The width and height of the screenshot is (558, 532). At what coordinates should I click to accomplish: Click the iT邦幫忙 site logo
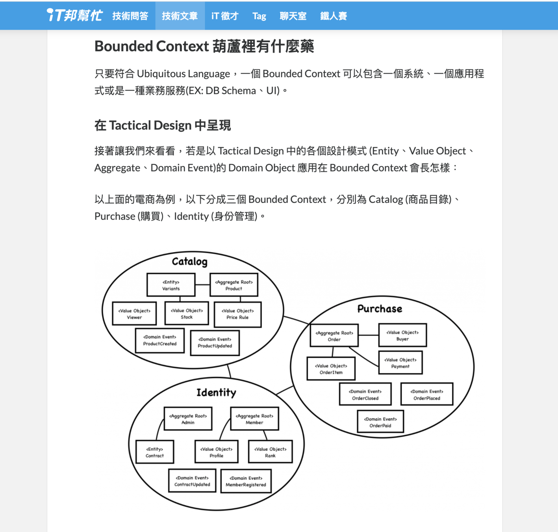point(74,15)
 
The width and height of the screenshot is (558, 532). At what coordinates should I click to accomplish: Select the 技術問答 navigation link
point(130,16)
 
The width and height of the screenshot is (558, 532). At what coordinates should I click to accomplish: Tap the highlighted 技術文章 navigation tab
point(180,16)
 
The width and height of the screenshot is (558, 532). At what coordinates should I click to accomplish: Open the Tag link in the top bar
point(259,16)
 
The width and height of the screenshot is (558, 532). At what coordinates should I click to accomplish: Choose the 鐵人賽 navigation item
point(333,16)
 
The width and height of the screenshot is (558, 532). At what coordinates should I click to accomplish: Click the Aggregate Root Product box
point(234,285)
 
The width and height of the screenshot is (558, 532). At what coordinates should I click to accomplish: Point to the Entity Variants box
point(171,285)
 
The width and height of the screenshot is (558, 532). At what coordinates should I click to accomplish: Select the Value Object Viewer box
point(134,314)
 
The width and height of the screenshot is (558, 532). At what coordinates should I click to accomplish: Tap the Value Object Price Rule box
point(237,314)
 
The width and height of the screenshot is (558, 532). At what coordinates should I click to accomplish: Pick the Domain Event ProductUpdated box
point(215,342)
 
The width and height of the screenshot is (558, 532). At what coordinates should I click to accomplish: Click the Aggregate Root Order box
point(334,336)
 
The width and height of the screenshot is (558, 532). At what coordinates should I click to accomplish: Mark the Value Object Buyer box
point(402,335)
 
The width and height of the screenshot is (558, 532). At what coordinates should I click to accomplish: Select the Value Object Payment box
point(400,363)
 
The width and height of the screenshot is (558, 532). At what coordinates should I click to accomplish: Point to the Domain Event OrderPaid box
point(380,422)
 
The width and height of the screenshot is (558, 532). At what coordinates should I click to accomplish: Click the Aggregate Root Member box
point(254,419)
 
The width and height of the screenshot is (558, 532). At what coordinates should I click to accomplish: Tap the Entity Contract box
point(154,452)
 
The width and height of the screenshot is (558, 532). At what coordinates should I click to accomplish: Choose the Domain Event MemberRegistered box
point(246,481)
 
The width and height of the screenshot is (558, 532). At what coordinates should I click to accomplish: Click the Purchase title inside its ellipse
point(380,309)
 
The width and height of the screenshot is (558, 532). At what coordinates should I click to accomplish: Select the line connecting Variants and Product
point(202,285)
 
